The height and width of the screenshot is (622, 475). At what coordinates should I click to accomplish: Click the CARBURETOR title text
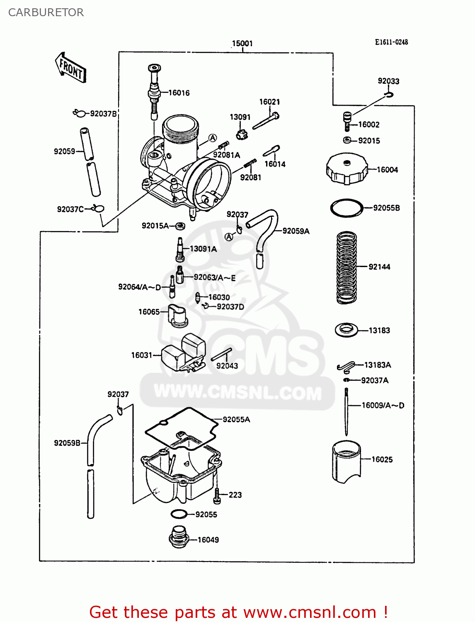point(46,12)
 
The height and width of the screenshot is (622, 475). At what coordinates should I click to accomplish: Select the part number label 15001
point(242,43)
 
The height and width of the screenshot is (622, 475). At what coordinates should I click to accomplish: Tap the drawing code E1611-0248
point(391,42)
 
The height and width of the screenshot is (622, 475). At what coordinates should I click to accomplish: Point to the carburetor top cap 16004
point(347,169)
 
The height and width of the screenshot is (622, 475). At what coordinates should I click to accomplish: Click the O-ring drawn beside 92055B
point(346,208)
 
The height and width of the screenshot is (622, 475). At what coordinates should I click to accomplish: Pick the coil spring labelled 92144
point(347,267)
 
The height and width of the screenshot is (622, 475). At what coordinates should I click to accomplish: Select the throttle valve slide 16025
point(347,462)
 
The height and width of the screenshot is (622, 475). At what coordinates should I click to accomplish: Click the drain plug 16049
point(179,537)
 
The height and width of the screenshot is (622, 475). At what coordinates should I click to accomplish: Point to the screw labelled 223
point(217,495)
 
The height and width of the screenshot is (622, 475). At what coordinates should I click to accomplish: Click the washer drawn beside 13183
point(346,330)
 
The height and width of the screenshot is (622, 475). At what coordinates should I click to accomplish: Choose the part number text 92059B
point(67,443)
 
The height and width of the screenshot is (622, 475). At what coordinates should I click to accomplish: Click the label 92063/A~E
point(214,277)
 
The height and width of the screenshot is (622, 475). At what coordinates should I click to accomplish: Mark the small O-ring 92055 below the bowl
point(179,514)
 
